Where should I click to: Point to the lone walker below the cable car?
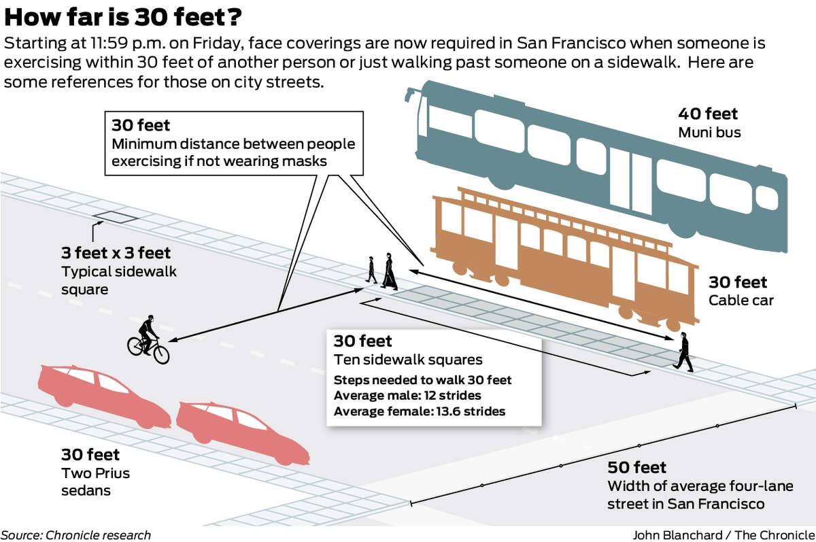(x=683, y=352)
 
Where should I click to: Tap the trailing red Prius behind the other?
(x=104, y=396)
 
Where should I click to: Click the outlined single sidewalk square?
(x=115, y=217)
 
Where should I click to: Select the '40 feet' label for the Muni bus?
(x=708, y=114)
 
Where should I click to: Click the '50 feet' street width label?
(x=636, y=467)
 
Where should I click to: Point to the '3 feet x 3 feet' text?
(x=116, y=253)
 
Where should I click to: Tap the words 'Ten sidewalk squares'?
(x=408, y=360)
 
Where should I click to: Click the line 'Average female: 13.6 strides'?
(x=420, y=411)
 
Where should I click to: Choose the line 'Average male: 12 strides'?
(x=407, y=395)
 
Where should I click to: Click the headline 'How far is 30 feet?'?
(x=123, y=17)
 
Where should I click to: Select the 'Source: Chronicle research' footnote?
(x=75, y=535)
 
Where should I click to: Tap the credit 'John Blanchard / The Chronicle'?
(x=724, y=535)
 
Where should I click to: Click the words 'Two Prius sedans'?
(x=95, y=481)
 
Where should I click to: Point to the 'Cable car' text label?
(x=741, y=301)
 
